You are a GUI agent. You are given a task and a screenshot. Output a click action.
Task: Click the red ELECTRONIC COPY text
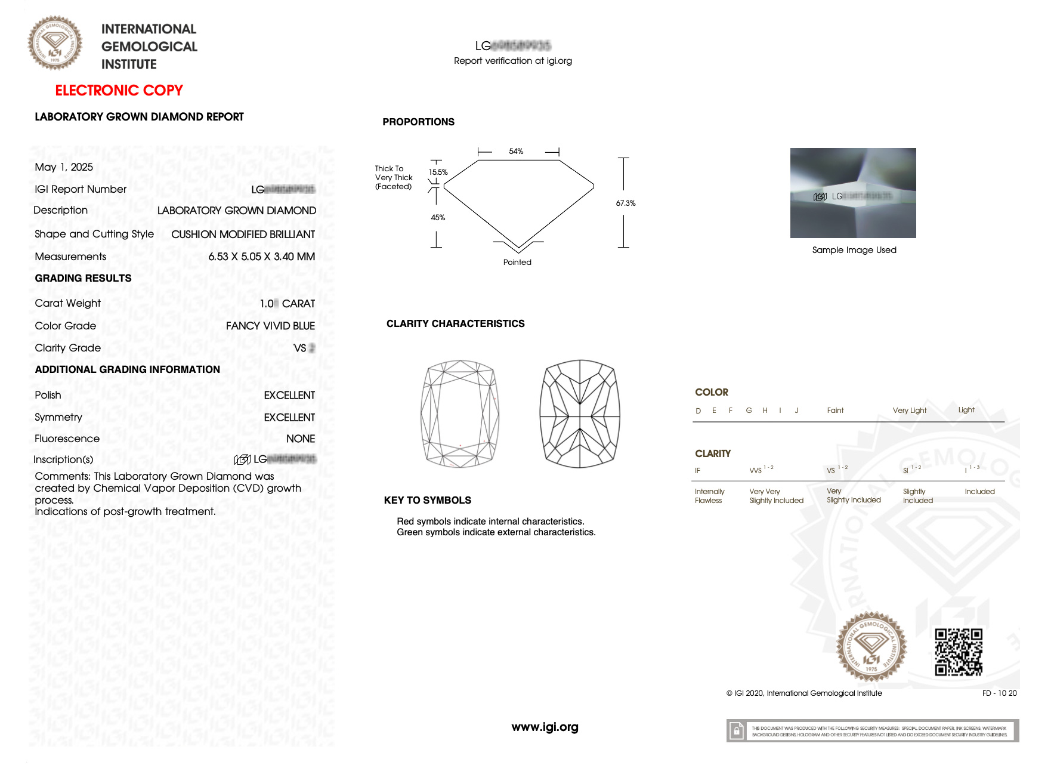(119, 91)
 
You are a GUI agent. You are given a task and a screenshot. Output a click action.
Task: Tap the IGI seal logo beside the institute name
(55, 43)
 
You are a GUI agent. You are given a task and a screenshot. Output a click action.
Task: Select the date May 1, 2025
(64, 167)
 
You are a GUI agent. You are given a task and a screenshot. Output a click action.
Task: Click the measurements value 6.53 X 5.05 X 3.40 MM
(261, 257)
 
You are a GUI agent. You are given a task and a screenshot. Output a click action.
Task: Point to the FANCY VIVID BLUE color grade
(270, 326)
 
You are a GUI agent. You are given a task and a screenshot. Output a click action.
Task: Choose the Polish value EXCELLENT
(289, 396)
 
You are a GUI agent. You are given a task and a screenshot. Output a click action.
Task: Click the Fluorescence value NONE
(300, 439)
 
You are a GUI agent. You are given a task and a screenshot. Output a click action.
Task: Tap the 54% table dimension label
(516, 152)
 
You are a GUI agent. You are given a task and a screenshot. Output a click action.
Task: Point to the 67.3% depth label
(625, 203)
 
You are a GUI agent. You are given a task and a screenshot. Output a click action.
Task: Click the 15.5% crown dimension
(438, 172)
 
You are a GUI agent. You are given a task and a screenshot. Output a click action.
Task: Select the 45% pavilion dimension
(438, 218)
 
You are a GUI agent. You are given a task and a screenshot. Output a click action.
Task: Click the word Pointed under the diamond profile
(517, 263)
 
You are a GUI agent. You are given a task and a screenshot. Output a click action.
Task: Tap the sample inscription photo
(853, 193)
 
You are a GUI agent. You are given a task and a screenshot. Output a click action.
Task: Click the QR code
(958, 652)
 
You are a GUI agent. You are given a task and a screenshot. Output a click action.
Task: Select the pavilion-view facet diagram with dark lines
(580, 414)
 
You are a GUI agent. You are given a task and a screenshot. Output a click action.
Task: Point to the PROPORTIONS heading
(418, 122)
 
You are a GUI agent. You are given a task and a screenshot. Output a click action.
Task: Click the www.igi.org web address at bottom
(545, 727)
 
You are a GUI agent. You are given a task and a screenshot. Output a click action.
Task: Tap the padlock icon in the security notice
(737, 731)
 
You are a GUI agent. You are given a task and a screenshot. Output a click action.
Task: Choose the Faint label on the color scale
(835, 411)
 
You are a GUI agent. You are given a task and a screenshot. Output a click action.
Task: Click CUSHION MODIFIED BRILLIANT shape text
(243, 235)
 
